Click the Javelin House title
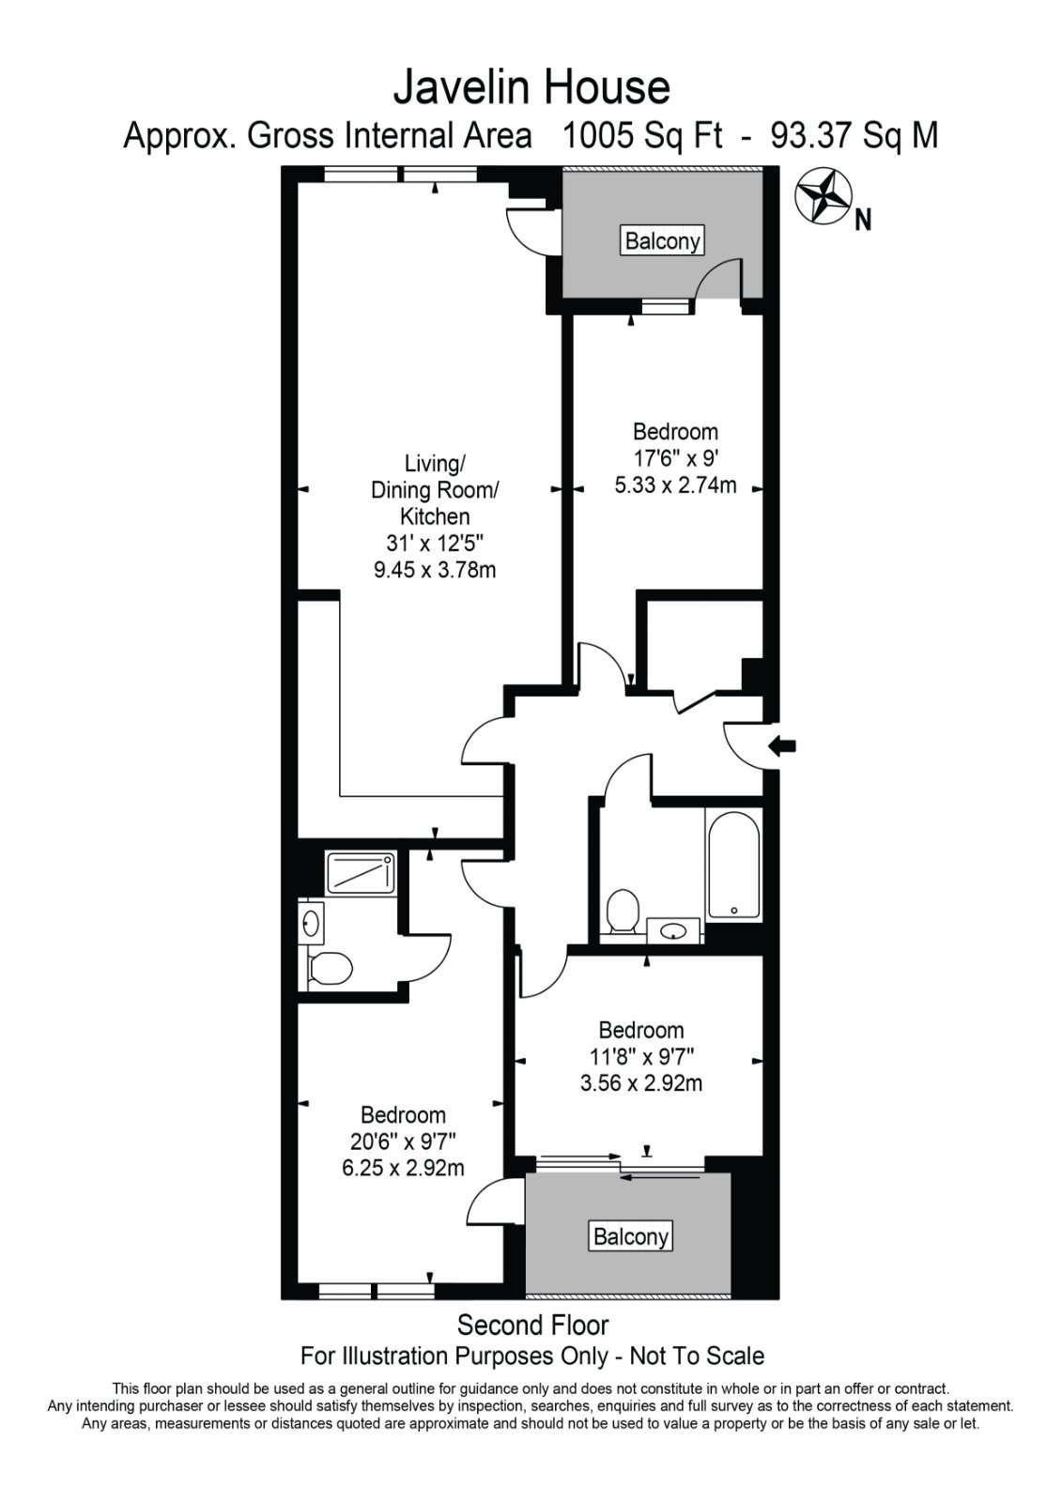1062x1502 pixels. [x=531, y=88]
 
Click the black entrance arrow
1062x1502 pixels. [x=781, y=745]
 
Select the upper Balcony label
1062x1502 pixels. [x=662, y=240]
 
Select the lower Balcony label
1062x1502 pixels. [x=631, y=1236]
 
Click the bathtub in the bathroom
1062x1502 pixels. [x=733, y=864]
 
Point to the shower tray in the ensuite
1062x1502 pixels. [x=360, y=872]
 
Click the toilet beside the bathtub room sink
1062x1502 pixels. [x=622, y=912]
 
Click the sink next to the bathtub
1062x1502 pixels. [x=672, y=931]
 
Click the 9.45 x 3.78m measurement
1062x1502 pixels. [x=434, y=570]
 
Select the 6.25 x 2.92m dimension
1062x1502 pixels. [x=403, y=1168]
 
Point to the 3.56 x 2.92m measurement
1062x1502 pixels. [x=640, y=1083]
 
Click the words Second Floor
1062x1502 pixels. [x=532, y=1325]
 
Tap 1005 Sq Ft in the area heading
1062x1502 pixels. [x=642, y=136]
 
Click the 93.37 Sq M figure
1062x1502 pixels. [x=854, y=136]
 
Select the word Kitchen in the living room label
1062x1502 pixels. [x=434, y=516]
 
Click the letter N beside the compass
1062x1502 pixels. [x=863, y=220]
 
